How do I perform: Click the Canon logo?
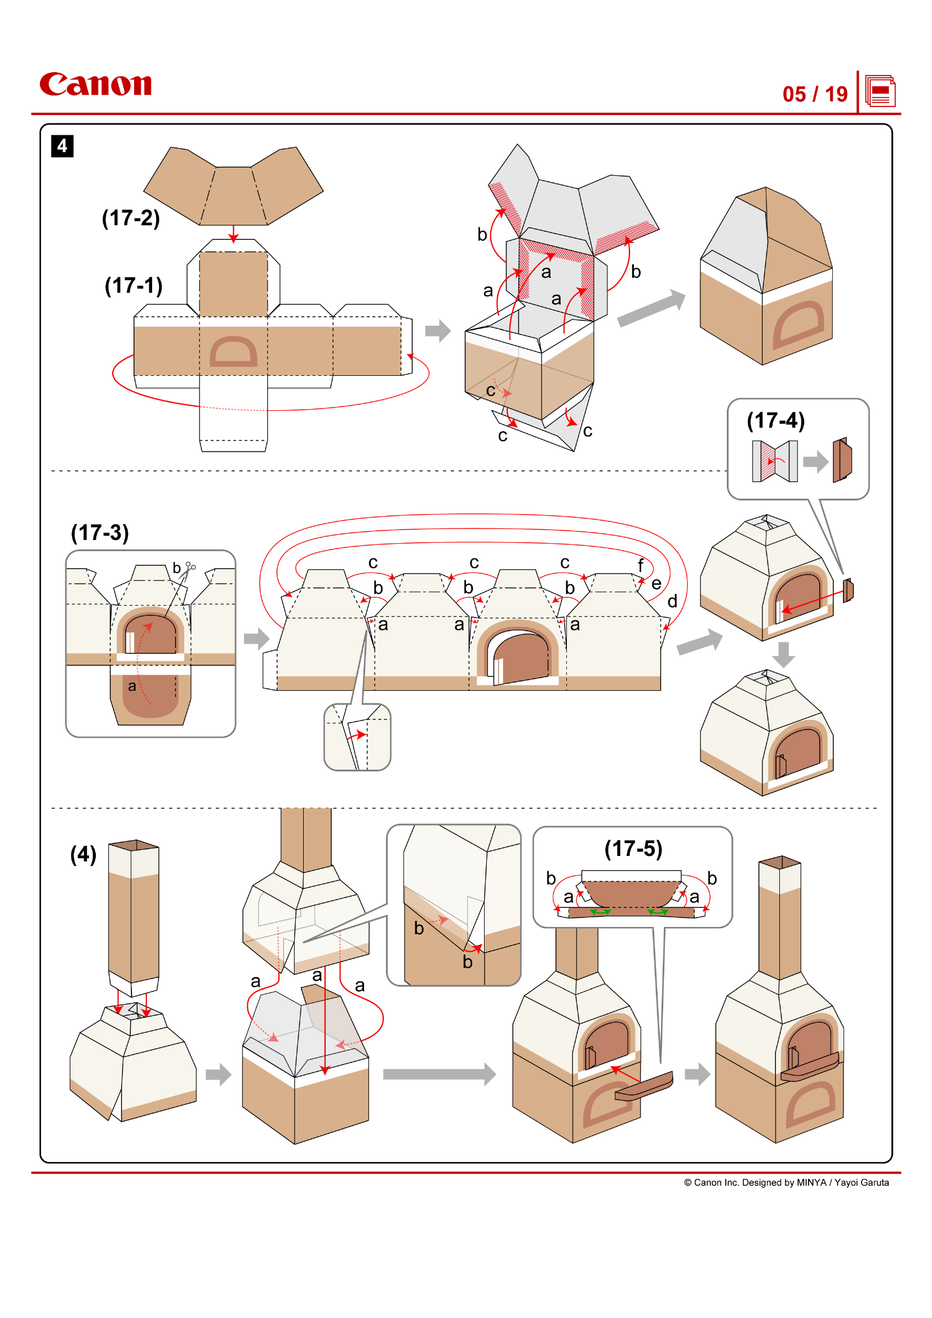95,85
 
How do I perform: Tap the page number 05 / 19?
814,94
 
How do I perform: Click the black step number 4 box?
62,146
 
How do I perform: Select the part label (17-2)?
131,218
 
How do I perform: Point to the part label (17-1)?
133,285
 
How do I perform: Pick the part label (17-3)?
100,532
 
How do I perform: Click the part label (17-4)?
775,420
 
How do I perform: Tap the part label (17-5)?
633,849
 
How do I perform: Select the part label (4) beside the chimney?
83,854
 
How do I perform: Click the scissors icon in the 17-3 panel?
190,567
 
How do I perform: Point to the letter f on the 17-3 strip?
641,565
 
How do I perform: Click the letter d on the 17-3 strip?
672,602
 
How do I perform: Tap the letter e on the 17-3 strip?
656,584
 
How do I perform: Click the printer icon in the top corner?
880,91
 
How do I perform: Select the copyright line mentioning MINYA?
785,1183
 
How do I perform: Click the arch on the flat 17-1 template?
233,351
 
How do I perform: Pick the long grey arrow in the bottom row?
439,1074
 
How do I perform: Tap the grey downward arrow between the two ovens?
783,654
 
